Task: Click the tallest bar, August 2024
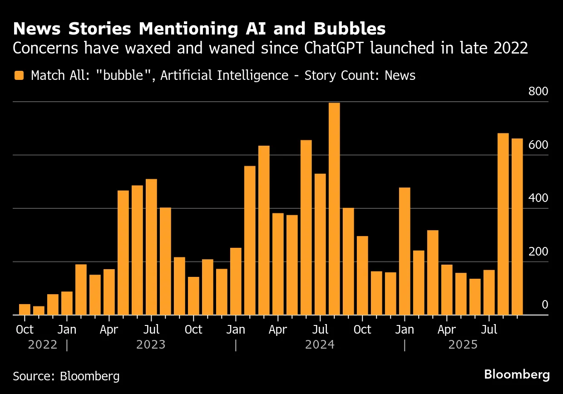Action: [334, 209]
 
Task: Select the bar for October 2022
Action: [25, 310]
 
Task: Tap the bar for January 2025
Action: [405, 251]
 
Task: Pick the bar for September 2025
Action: [517, 227]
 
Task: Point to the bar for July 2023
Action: [151, 247]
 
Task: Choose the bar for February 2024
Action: [250, 240]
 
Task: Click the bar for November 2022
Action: [39, 310]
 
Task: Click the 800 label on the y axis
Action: [538, 92]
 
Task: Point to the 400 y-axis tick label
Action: [538, 198]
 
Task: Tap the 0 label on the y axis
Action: [545, 305]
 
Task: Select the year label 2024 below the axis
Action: [320, 345]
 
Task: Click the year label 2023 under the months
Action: [151, 345]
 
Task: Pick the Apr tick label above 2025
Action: [446, 330]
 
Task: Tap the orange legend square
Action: [19, 75]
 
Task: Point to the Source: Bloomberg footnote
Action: [66, 376]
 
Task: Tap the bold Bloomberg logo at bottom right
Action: [516, 374]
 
